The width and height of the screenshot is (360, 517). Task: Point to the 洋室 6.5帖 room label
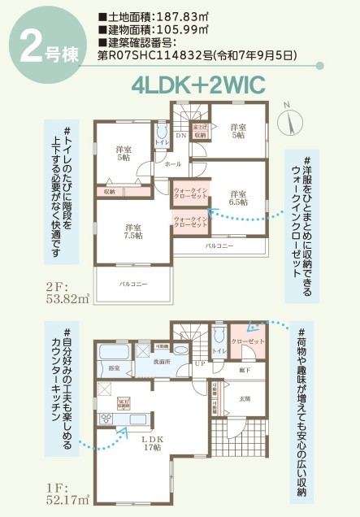[238, 198]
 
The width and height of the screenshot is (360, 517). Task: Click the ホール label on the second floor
[172, 165]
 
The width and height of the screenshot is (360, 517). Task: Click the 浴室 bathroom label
[114, 368]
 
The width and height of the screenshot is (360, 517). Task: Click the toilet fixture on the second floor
[161, 132]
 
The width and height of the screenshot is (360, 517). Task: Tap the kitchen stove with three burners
[106, 419]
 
